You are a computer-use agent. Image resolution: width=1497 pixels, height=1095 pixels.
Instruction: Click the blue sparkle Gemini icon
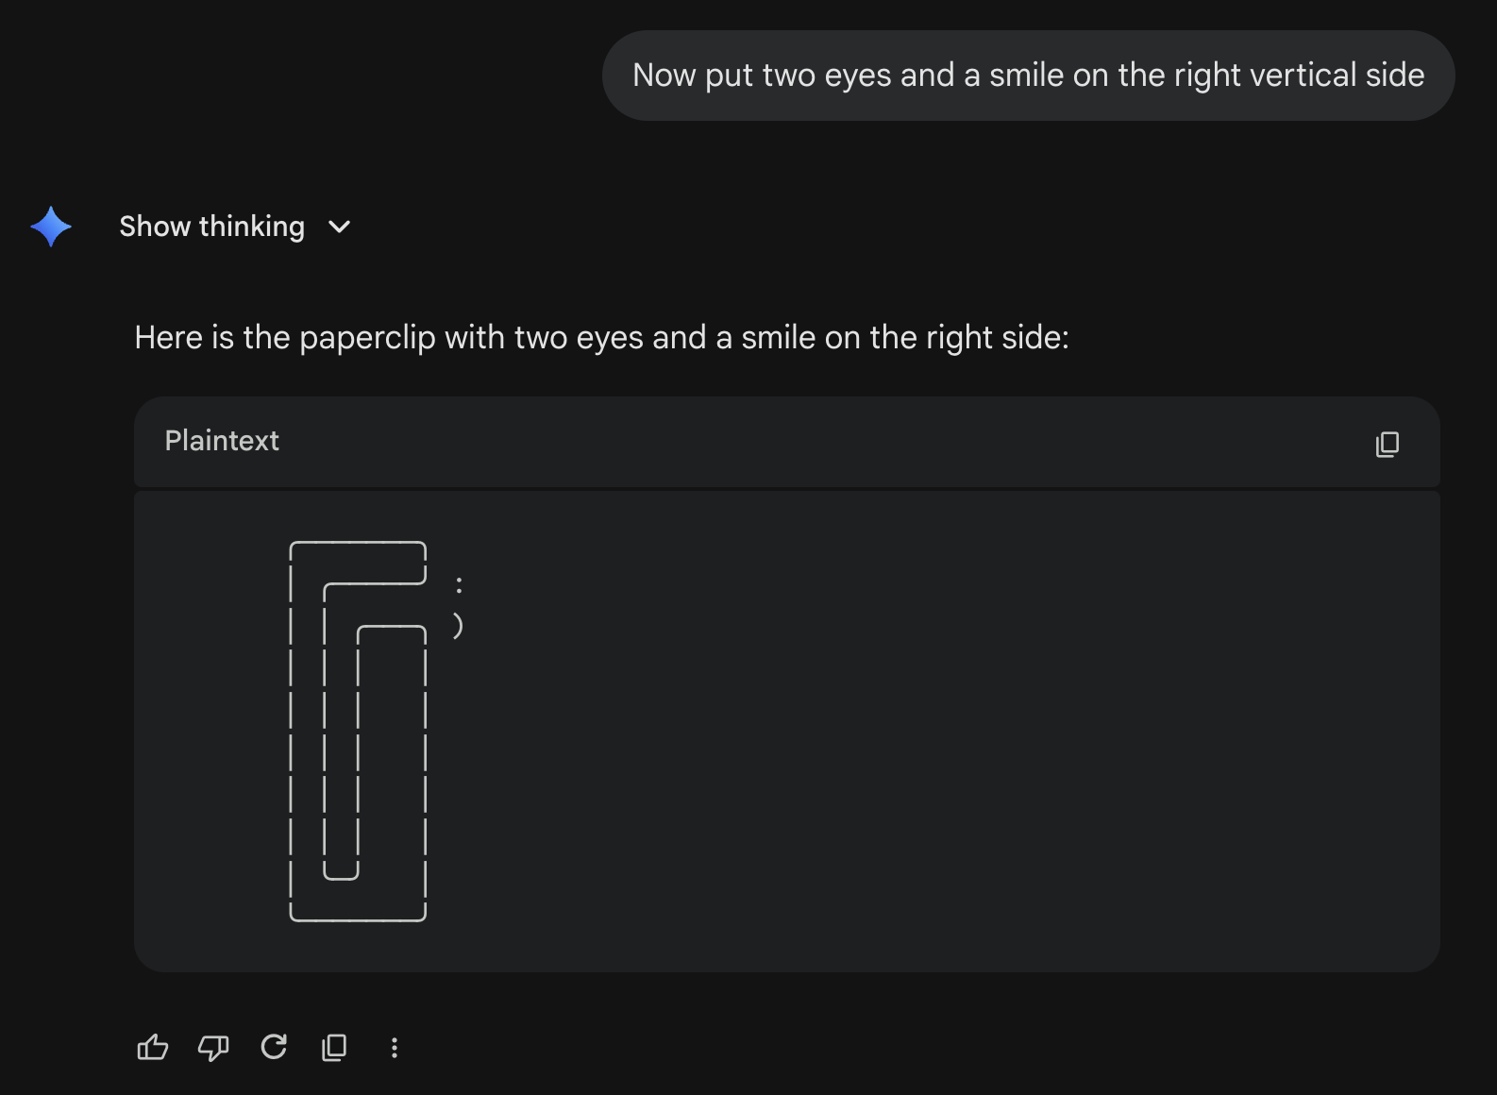[51, 227]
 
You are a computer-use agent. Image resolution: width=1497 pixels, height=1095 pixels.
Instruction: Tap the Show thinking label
[211, 227]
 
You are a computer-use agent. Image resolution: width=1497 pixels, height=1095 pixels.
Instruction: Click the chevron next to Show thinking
[340, 227]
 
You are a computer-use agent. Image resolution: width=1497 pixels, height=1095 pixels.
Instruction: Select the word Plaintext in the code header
[221, 441]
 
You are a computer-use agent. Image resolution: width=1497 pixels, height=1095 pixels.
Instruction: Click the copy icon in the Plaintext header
[1388, 444]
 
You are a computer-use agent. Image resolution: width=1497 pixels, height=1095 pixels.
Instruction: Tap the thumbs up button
[152, 1047]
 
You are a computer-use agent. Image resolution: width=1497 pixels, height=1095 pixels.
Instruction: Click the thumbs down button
[213, 1048]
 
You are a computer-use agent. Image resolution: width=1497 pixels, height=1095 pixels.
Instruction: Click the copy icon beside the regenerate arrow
[334, 1048]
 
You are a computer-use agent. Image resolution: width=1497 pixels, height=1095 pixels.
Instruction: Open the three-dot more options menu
[395, 1048]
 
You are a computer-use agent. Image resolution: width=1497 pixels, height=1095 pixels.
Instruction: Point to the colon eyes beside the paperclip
[459, 585]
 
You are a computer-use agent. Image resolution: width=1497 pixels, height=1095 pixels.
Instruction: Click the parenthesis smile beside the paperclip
[458, 626]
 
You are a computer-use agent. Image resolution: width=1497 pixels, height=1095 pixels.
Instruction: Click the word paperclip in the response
[367, 338]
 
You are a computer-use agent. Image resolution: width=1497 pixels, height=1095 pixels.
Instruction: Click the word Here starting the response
[168, 338]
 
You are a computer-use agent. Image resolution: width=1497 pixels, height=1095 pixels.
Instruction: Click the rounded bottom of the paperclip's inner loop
[341, 876]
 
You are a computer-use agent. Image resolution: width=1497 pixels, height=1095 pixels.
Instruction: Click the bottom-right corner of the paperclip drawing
[424, 919]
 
